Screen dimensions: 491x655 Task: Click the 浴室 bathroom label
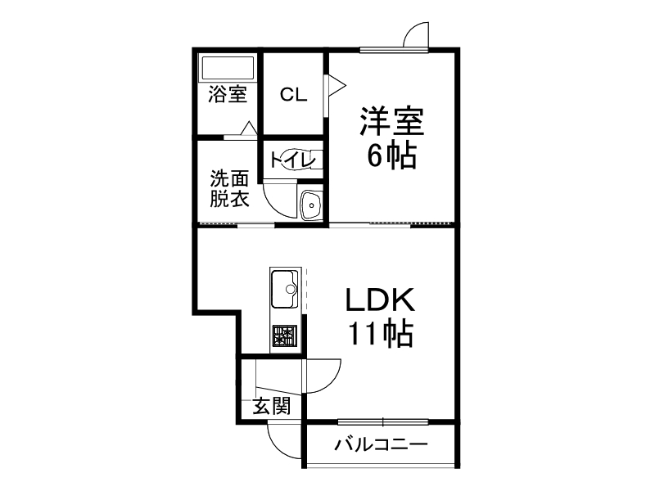tap(227, 95)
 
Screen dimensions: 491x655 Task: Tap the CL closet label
tap(293, 95)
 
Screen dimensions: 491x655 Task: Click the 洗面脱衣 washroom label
tap(229, 188)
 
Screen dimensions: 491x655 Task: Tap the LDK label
tap(380, 300)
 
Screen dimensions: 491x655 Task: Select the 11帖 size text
tap(380, 333)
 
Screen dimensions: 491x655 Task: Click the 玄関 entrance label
tap(271, 406)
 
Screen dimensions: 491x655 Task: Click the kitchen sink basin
tap(287, 287)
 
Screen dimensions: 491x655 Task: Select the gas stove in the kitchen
tap(284, 335)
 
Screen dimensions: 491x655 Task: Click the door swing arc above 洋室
tap(414, 34)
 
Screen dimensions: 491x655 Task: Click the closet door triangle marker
tap(337, 86)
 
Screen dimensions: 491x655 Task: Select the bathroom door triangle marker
tap(248, 128)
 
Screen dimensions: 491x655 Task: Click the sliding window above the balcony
tap(382, 422)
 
